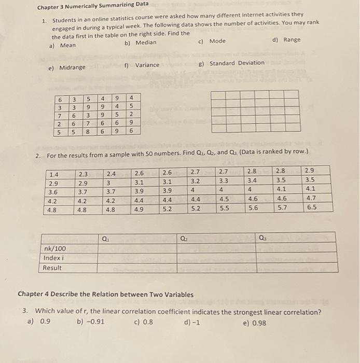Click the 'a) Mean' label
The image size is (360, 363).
coord(62,46)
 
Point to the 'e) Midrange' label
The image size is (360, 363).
coord(66,67)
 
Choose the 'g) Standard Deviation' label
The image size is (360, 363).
coord(231,63)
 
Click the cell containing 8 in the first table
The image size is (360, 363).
coord(89,132)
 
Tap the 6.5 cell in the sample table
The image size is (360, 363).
coord(311,207)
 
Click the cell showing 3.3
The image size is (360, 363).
coord(224,180)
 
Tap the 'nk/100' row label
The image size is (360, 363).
coord(55,248)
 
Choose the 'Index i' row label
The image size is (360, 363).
coord(54,258)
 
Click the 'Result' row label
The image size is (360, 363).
coord(52,268)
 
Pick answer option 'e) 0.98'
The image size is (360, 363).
coord(254,323)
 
